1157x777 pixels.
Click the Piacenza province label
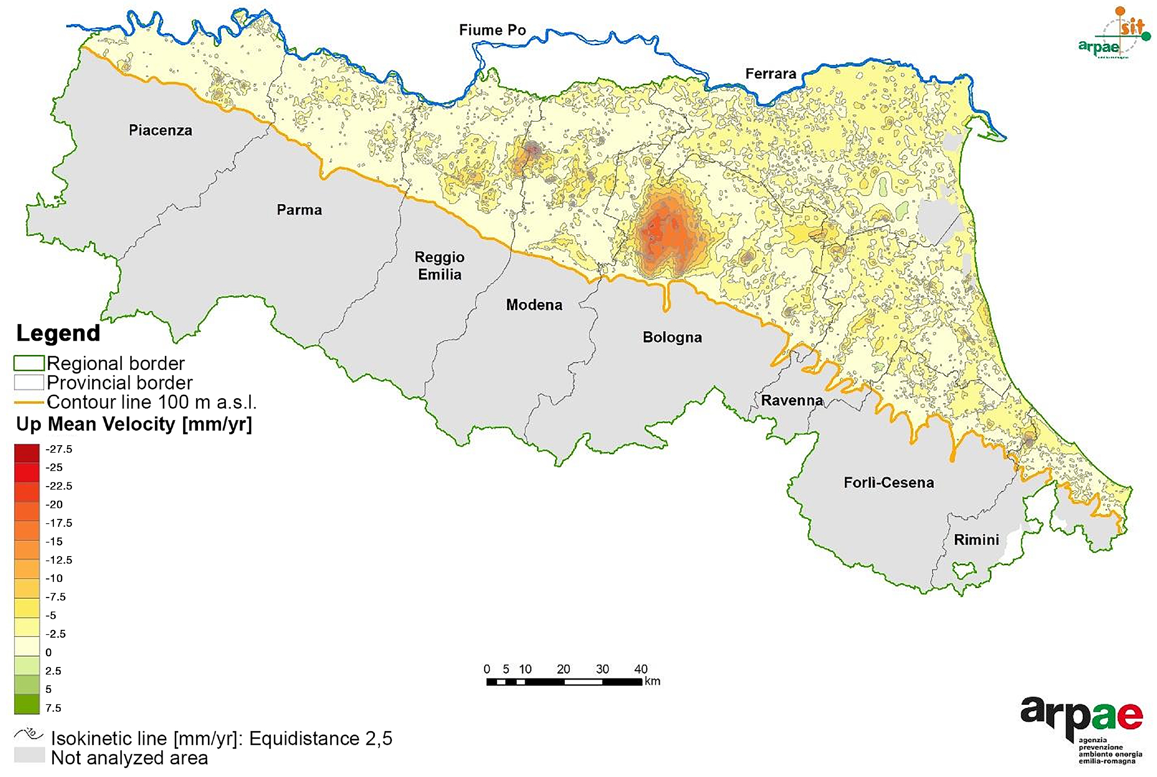tap(160, 130)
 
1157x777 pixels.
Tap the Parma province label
tap(299, 210)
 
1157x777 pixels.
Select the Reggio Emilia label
tap(439, 266)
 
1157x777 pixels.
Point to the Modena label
tap(534, 305)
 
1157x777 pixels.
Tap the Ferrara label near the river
tap(771, 74)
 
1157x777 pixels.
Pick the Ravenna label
tap(792, 400)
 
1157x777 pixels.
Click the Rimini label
tap(976, 540)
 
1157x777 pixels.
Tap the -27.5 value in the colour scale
tap(59, 449)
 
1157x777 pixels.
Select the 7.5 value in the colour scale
tap(53, 708)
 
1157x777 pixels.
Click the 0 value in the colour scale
tap(49, 652)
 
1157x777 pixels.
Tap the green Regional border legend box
tap(29, 363)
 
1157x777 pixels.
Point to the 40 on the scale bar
tap(641, 669)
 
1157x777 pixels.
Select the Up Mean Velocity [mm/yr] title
tap(134, 424)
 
